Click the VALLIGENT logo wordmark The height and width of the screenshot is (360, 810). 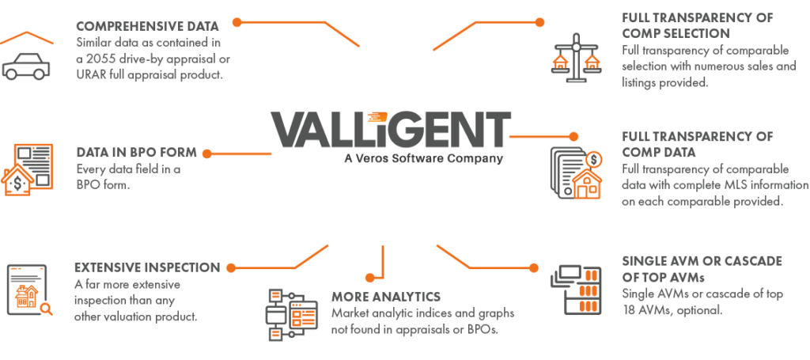click(x=390, y=130)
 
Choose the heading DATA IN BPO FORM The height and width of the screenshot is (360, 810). click(x=136, y=153)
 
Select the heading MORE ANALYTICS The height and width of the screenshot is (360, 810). click(x=386, y=297)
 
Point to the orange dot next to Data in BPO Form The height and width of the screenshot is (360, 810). click(x=207, y=153)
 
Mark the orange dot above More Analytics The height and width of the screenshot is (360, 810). click(x=369, y=277)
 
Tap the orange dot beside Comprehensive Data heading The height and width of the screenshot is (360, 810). click(x=237, y=22)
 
